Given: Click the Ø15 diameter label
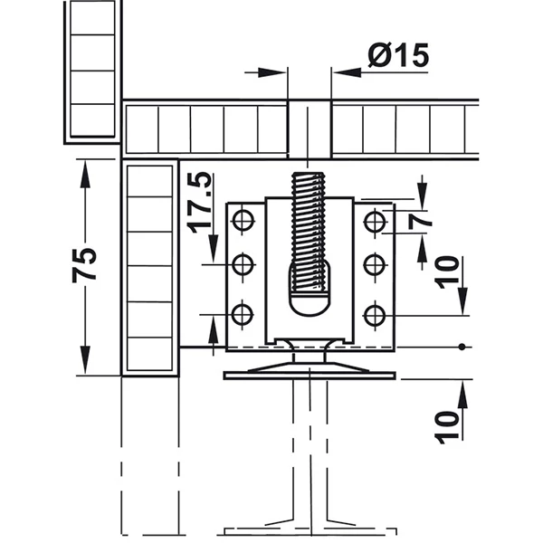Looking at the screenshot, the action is tap(398, 55).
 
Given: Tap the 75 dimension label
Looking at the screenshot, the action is tap(84, 265).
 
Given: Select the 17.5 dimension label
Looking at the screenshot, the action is tap(199, 202).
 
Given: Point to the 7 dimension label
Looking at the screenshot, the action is tap(420, 222).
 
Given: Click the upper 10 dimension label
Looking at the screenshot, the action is tap(447, 271).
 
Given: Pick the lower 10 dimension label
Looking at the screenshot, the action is tap(447, 427).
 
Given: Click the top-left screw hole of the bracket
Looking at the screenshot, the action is tap(243, 221).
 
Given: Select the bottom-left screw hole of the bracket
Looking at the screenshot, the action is tap(242, 315).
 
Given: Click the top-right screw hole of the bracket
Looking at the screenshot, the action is tap(375, 221).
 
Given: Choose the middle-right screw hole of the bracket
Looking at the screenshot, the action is tap(375, 264).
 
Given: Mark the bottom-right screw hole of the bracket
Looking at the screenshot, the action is tap(375, 316).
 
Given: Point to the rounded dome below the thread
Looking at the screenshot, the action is tap(309, 305).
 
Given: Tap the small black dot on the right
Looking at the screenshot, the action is tap(462, 347).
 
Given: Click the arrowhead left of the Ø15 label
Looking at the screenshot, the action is tap(271, 72).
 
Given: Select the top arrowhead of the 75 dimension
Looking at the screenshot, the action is tap(85, 174).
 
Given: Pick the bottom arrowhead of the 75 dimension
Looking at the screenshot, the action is tap(85, 360).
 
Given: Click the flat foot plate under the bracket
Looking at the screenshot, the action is tap(310, 376).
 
